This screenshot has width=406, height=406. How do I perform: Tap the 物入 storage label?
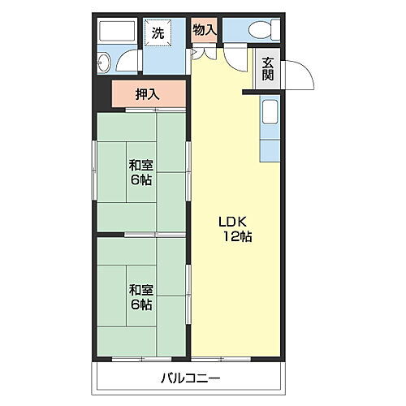point(205,29)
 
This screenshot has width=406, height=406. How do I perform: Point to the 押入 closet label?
point(148,93)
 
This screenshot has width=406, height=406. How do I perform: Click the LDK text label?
point(229,221)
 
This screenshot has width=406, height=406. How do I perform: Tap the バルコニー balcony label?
point(192,378)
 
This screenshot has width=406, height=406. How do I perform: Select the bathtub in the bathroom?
point(115,32)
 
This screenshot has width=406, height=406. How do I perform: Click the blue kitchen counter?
point(270,130)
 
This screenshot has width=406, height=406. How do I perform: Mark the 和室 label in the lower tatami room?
point(140,289)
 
